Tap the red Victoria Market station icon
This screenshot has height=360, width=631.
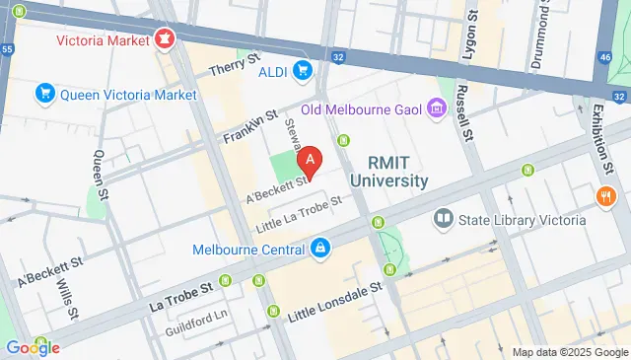164,40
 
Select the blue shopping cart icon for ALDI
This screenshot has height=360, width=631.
304,70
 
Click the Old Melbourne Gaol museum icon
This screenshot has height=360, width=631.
435,108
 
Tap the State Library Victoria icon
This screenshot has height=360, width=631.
444,219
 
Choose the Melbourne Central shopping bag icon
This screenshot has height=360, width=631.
319,250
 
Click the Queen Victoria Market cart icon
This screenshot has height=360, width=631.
44,95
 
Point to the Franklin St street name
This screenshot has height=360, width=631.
245,126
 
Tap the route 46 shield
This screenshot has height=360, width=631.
604,58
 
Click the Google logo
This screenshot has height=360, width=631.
33,346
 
